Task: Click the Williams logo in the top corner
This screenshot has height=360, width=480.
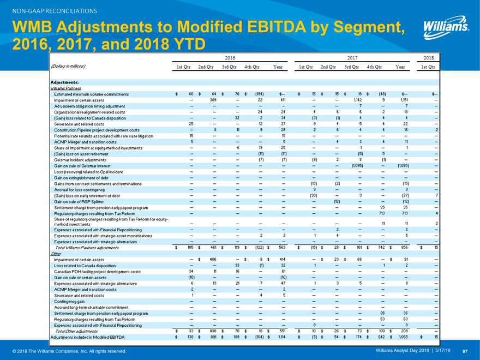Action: [x=446, y=26]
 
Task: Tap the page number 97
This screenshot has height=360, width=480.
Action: [x=465, y=351]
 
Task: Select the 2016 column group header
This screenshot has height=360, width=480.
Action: [x=230, y=57]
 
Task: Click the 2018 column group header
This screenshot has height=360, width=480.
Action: [x=428, y=57]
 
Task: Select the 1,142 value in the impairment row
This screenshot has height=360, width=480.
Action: [x=358, y=100]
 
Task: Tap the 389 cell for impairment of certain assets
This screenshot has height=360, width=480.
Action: [x=214, y=100]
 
